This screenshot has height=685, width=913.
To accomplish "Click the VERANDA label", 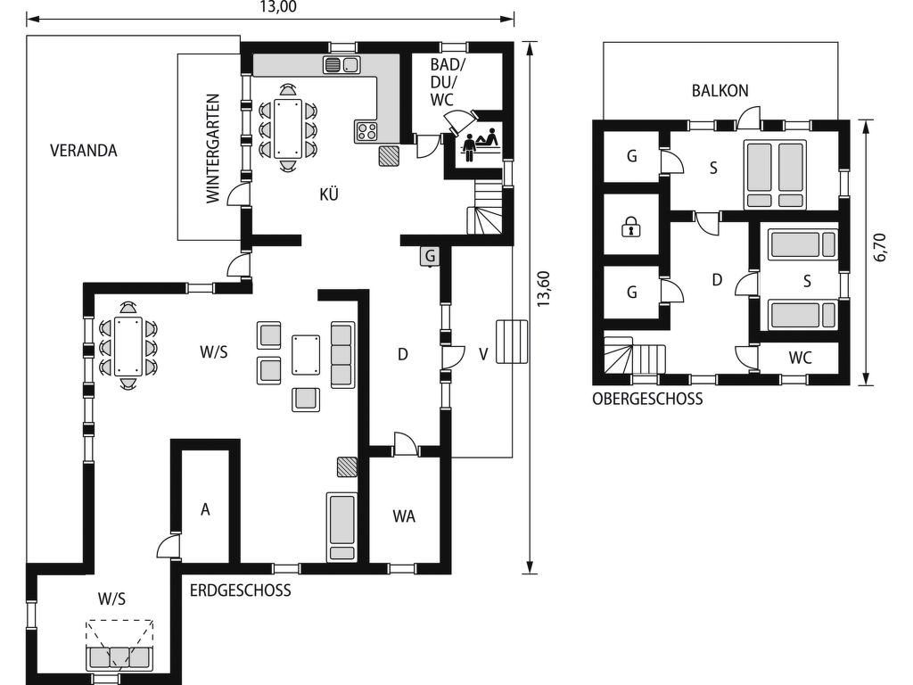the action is pos(83,151).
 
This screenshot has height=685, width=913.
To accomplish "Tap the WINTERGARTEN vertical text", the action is pos(214,149).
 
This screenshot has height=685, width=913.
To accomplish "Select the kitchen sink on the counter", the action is pos(341,64).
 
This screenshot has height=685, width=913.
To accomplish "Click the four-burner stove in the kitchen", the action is pos(366,131).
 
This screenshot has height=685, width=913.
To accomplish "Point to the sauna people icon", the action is pos(481,144).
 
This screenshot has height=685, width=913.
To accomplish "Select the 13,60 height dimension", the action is pos(543,290).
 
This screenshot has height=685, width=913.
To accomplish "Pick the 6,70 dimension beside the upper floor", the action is pos(880,248).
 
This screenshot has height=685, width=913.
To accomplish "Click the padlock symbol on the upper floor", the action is pos(630,226).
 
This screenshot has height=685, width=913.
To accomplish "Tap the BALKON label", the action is pos(720,91).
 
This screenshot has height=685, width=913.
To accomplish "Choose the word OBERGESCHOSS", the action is pos(647,399).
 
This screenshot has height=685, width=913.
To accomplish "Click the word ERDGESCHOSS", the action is pos(241,590).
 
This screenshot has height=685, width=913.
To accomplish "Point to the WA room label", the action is pos(404,516).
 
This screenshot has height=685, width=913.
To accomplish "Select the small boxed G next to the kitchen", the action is pos(430,256).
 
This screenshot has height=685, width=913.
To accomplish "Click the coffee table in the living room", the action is pos(306,355).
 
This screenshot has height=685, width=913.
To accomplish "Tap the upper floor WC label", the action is pos(800,358).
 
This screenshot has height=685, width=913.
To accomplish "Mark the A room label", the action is pos(205,509).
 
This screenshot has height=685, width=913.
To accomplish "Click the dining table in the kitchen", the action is pos(288,128).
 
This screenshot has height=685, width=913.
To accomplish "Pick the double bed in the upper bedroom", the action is pos(776,175).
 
